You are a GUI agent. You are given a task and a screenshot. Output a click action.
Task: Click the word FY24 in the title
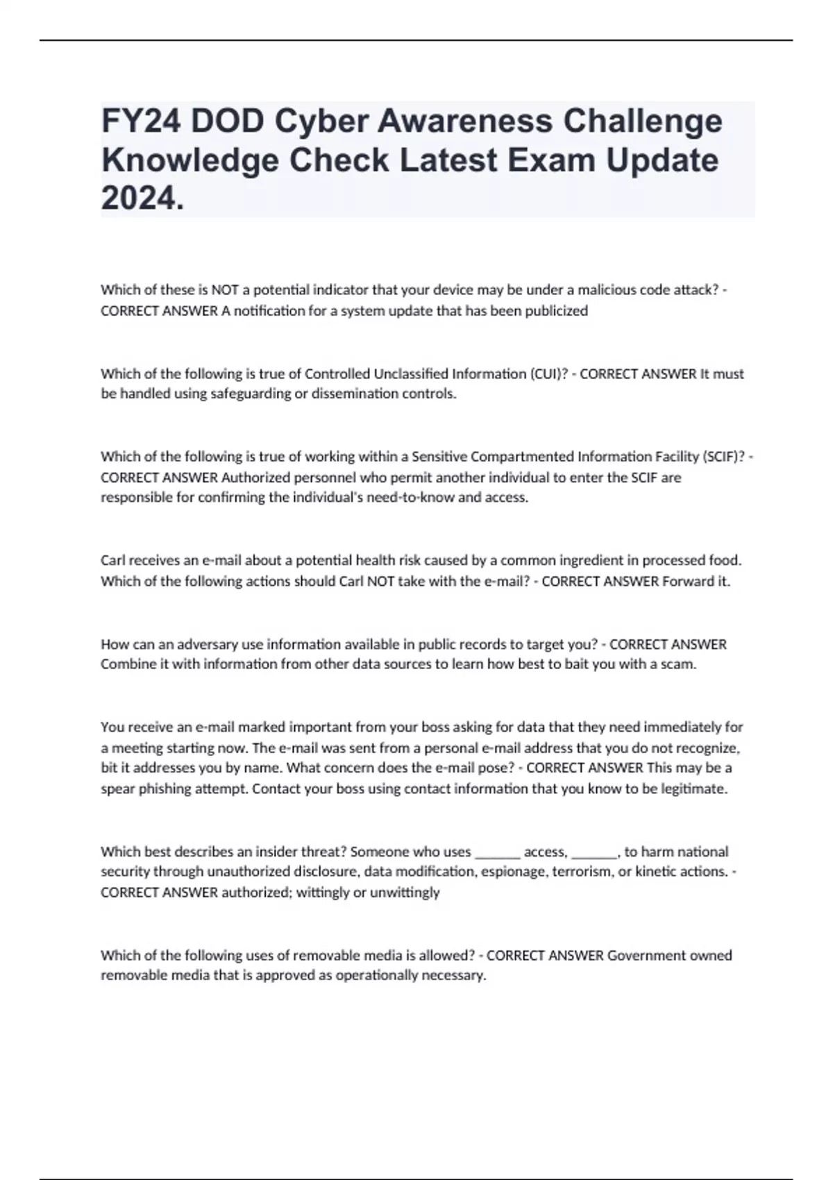point(141,121)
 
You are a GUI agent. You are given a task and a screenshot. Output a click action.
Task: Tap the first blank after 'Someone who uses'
point(497,852)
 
